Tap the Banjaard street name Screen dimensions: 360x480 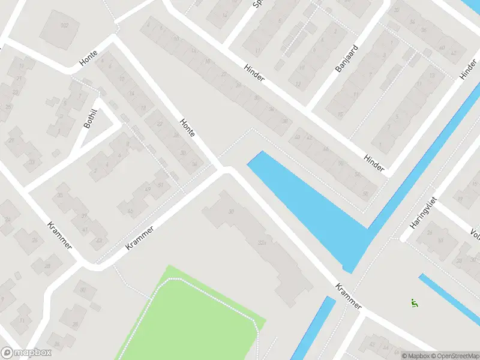click(x=346, y=58)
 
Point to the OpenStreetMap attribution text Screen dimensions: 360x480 click(x=454, y=356)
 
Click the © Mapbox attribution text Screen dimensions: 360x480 click(x=415, y=356)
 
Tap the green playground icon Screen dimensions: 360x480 click(x=413, y=302)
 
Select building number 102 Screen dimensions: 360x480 click(x=64, y=25)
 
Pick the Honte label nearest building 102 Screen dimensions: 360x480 click(x=88, y=58)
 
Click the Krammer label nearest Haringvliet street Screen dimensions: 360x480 click(x=349, y=296)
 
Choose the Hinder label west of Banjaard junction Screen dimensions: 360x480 click(x=254, y=75)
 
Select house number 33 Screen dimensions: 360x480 click(x=31, y=161)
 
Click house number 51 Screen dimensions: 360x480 click(x=160, y=185)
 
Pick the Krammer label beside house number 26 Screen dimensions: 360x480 click(x=60, y=236)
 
